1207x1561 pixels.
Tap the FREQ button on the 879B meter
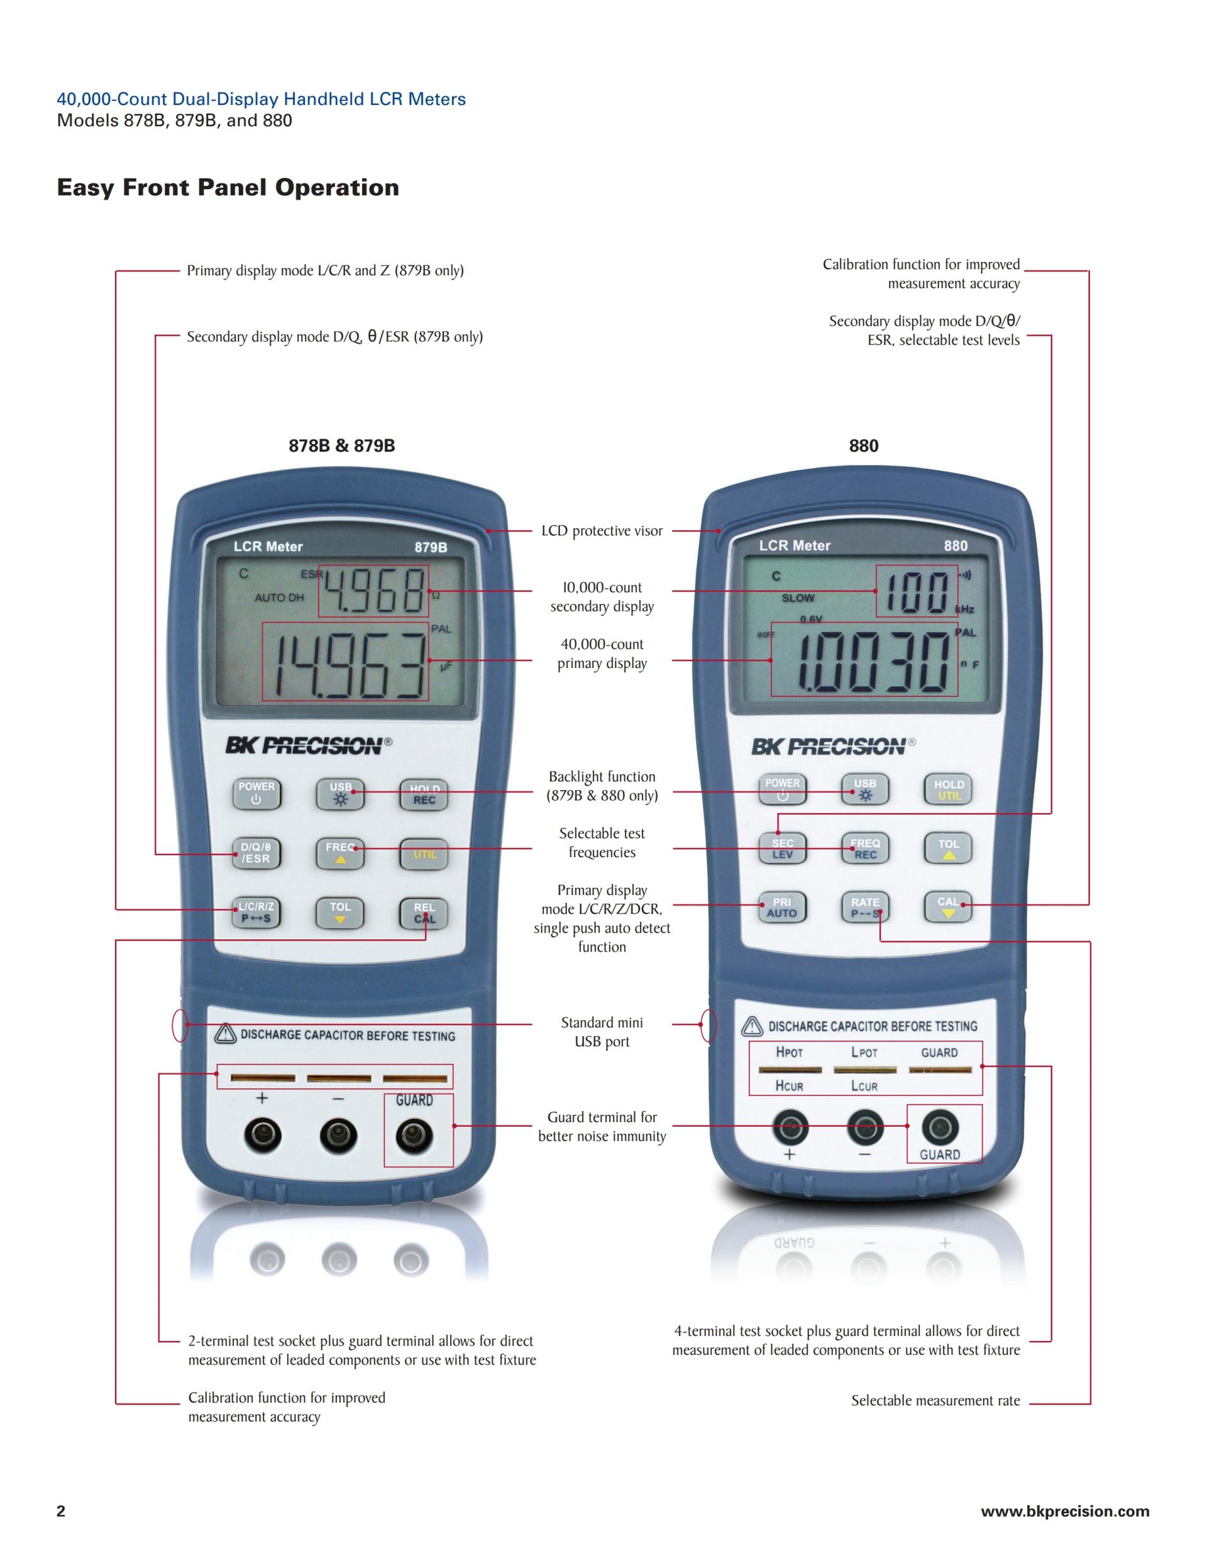point(340,852)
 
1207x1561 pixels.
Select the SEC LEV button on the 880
point(782,848)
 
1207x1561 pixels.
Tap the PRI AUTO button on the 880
point(781,907)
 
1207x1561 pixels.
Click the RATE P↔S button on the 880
point(864,907)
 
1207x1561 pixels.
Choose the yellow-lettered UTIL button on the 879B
point(424,854)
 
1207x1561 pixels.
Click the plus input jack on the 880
point(790,1127)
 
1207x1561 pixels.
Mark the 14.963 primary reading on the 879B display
point(345,661)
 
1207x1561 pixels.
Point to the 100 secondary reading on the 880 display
point(917,592)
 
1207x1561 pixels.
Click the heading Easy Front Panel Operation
point(228,188)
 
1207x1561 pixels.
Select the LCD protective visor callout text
point(602,531)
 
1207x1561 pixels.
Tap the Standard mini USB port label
point(602,1032)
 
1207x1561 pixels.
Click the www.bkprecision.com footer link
point(1065,1511)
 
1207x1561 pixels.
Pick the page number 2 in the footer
point(61,1511)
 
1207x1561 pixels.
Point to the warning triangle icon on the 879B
point(225,1034)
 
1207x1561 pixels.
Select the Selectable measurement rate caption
point(935,1401)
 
